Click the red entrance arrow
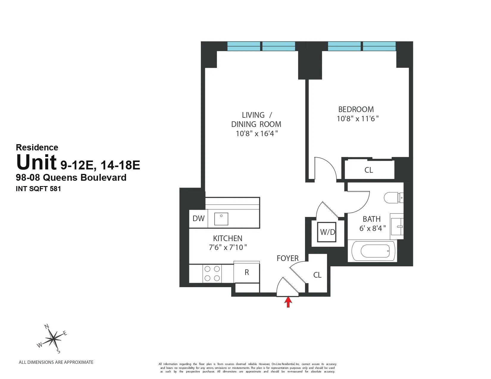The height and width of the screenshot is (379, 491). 288,302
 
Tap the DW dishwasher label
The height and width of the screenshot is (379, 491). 198,218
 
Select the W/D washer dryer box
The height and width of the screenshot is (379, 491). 327,232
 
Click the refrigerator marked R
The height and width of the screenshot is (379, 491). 247,272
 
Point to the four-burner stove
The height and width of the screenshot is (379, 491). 212,273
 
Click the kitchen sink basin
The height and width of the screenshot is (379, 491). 221,219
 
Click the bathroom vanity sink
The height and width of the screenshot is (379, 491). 397,227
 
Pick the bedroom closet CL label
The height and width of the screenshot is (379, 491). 369,170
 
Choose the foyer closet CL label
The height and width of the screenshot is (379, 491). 317,275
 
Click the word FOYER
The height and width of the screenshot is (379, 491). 287,258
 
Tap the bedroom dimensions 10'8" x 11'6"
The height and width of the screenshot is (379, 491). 357,119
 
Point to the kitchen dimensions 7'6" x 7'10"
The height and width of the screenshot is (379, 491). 228,247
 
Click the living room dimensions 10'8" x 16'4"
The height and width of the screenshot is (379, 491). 257,133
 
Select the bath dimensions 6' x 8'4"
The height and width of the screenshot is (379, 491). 372,228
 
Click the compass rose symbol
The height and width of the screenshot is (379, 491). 53,338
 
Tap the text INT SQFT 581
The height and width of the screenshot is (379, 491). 38,188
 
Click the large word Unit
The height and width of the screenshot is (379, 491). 36,162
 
